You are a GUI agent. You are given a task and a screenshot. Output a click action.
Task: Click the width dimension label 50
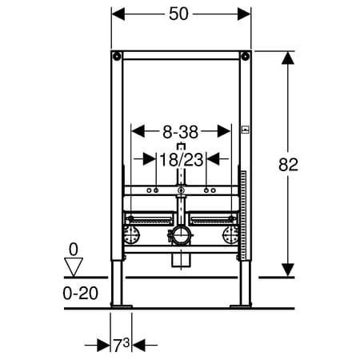(178, 14)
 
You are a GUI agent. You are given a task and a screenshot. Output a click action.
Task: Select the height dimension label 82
(288, 165)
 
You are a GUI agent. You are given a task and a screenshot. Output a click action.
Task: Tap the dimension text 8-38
(181, 132)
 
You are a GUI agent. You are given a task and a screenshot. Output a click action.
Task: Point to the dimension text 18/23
(182, 160)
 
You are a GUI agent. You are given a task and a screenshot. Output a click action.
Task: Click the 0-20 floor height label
(81, 294)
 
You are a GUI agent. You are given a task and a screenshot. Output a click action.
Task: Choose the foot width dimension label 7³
(122, 346)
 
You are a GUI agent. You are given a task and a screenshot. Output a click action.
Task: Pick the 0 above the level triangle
(74, 250)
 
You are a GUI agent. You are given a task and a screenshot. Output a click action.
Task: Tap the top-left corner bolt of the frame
(117, 56)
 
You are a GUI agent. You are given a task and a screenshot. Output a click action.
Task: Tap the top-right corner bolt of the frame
(246, 56)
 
